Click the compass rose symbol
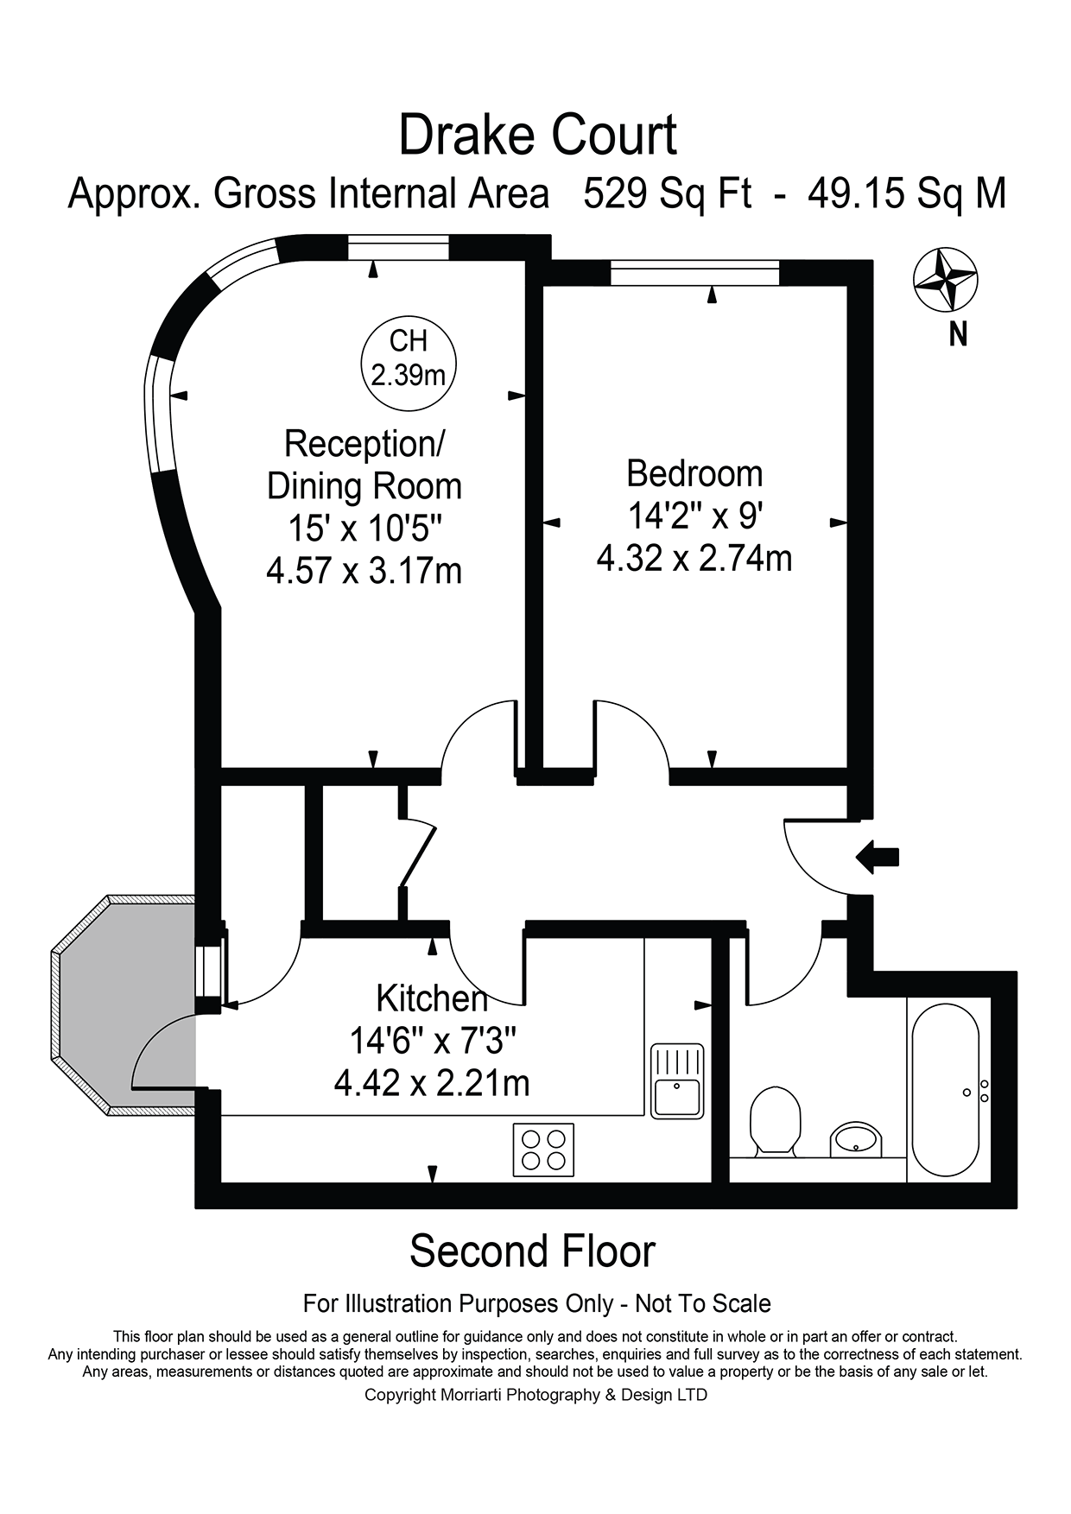coord(946,280)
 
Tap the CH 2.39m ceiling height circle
coord(408,358)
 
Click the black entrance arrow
coord(877,858)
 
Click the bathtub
coord(945,1090)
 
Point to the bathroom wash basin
coord(856,1139)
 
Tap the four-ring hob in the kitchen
coord(543,1150)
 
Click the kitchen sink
coord(677,1080)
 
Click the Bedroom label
coord(694,473)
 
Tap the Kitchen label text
coord(432,998)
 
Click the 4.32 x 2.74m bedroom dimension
coord(694,558)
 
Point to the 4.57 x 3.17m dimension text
coord(364,571)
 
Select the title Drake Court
coord(537,136)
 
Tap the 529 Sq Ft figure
coord(668,193)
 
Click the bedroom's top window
coord(695,273)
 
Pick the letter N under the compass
coord(958,334)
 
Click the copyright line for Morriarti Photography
coord(535,1395)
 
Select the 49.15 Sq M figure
coord(907,193)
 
